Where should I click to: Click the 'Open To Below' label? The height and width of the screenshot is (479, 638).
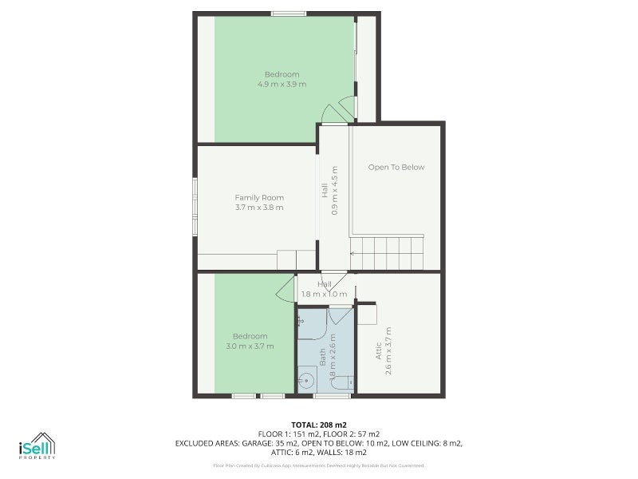pyautogui.click(x=396, y=168)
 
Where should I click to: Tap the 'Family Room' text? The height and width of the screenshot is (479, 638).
pyautogui.click(x=259, y=197)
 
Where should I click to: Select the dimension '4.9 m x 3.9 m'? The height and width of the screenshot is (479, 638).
pyautogui.click(x=282, y=84)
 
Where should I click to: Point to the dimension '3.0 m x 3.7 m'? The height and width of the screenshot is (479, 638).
pyautogui.click(x=250, y=346)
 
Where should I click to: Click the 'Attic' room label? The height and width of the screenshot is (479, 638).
pyautogui.click(x=379, y=351)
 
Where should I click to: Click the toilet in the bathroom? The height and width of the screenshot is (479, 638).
pyautogui.click(x=343, y=383)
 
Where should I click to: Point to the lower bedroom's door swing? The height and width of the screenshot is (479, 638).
pyautogui.click(x=286, y=291)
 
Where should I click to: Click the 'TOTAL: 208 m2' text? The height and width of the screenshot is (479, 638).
pyautogui.click(x=318, y=424)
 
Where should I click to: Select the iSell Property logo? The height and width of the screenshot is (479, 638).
pyautogui.click(x=37, y=446)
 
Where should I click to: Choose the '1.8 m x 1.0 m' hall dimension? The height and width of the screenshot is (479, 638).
pyautogui.click(x=324, y=294)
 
